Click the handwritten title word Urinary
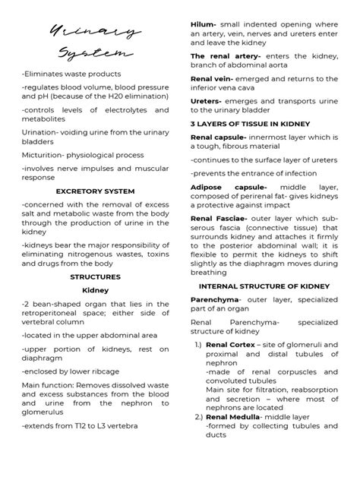pyautogui.click(x=94, y=32)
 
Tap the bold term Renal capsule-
pyautogui.click(x=218, y=137)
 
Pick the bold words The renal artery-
pyautogui.click(x=226, y=56)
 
